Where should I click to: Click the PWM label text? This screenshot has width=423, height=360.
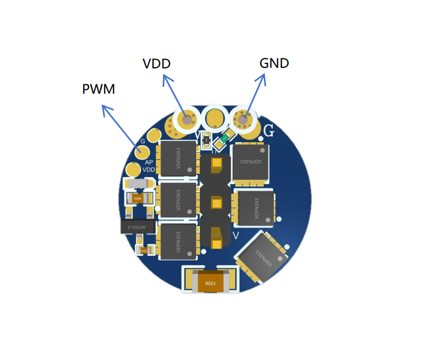[99, 88]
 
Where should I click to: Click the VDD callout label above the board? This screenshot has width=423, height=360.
[156, 63]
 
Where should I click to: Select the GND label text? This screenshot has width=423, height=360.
[274, 63]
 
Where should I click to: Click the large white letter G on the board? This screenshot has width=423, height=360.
[269, 131]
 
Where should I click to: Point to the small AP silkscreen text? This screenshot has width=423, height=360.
[149, 162]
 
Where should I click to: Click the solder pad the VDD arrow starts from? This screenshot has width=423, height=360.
[187, 120]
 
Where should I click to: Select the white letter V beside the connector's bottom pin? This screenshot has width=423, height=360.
[236, 235]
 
